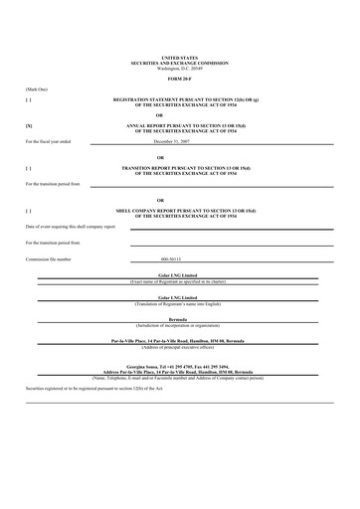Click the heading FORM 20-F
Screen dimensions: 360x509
[180, 78]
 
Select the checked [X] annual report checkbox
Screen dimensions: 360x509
[28, 126]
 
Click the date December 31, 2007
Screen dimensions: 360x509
[180, 141]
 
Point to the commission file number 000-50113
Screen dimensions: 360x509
[180, 258]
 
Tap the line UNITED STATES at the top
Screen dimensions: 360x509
[180, 59]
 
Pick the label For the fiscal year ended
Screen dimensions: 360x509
[50, 141]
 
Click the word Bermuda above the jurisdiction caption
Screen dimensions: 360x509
[180, 319]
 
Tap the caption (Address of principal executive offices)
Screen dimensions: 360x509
[180, 346]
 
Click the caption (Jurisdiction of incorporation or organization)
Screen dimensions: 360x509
[180, 324]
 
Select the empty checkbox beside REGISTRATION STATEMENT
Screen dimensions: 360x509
[28, 100]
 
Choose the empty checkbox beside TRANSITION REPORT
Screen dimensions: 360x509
[28, 168]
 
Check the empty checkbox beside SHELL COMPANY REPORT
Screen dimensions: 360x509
[28, 211]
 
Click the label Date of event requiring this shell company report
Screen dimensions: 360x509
[70, 227]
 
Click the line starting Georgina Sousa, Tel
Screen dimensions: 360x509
[180, 367]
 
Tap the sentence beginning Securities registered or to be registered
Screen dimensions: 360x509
[90, 387]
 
